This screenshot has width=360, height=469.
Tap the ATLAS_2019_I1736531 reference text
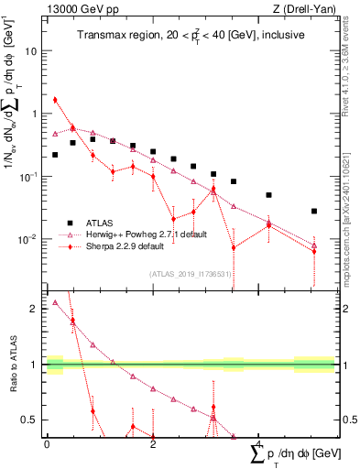(191, 274)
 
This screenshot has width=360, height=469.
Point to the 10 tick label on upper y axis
(29, 51)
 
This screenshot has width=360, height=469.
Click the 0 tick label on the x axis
(47, 444)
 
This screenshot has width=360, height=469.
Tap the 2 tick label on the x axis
(153, 444)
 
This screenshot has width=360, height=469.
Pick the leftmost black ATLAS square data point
(55, 155)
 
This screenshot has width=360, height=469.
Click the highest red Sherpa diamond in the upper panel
(55, 100)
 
